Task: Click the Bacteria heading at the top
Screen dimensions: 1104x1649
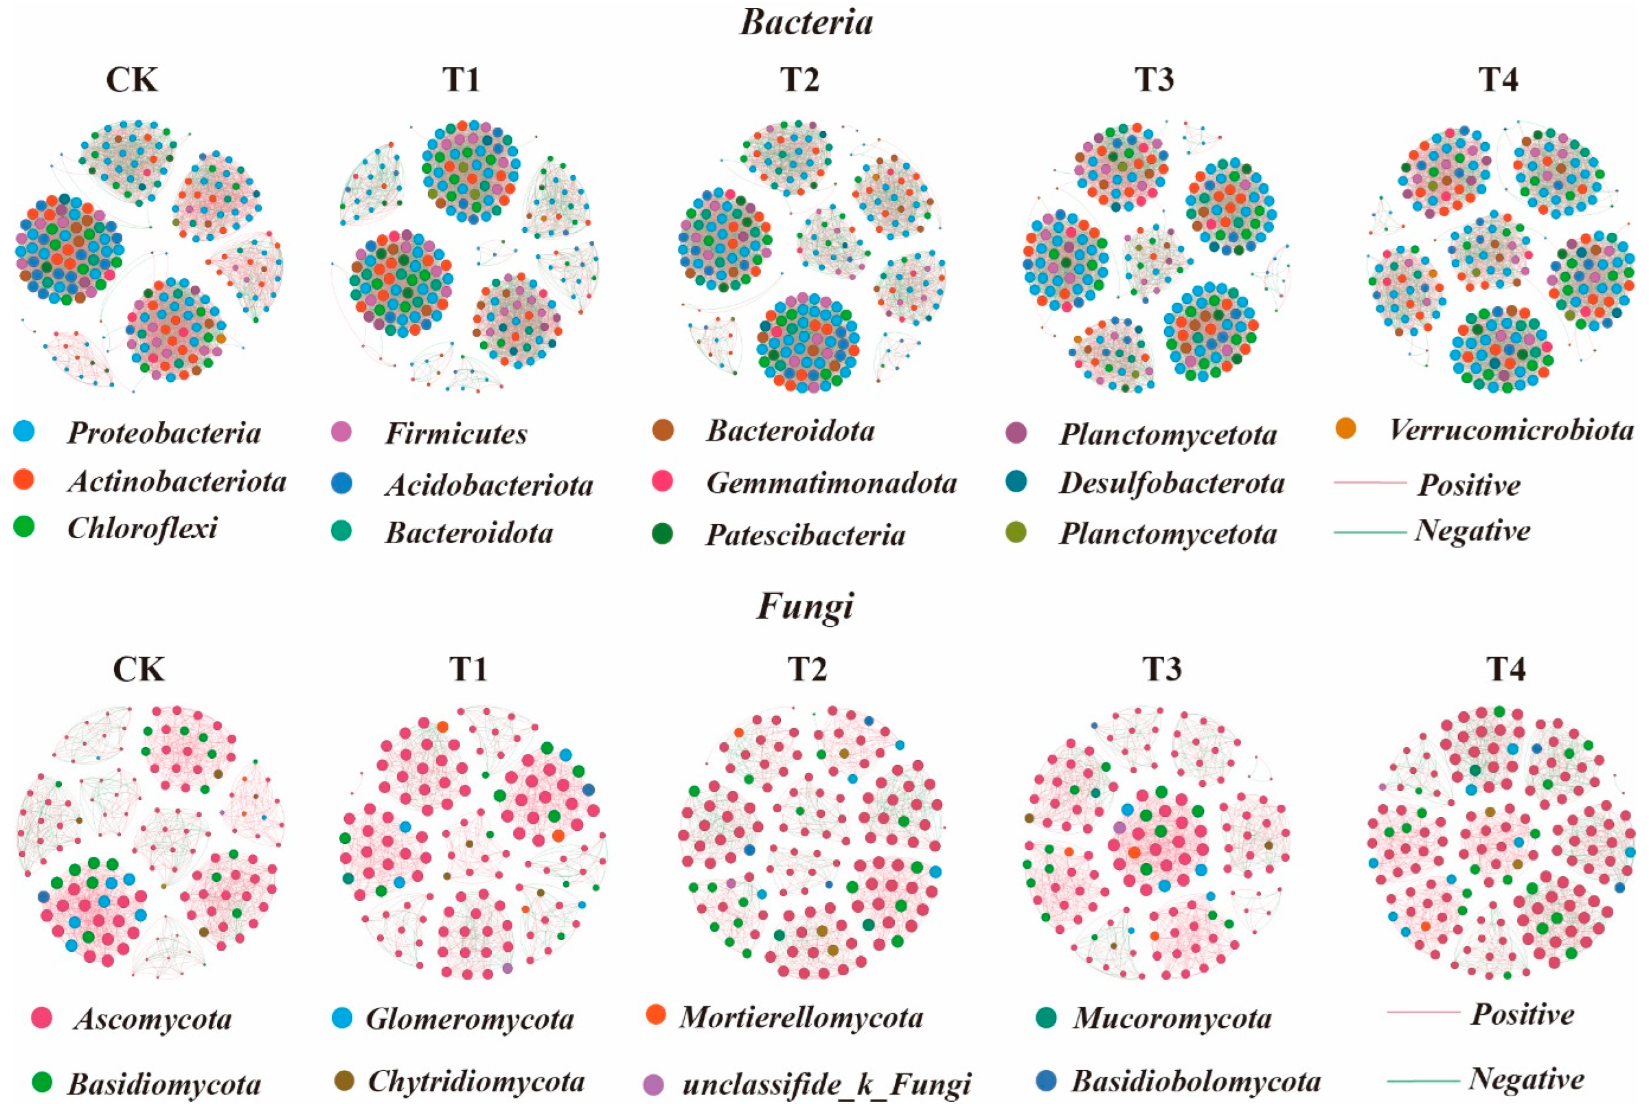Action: click(806, 22)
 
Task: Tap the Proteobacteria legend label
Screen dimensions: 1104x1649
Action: click(164, 432)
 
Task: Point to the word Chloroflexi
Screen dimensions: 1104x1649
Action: click(142, 528)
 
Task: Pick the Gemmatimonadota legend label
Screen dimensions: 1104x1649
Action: click(831, 483)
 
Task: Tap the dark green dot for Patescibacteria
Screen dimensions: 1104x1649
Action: click(662, 534)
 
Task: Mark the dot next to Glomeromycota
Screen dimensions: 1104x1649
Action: click(342, 1017)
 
